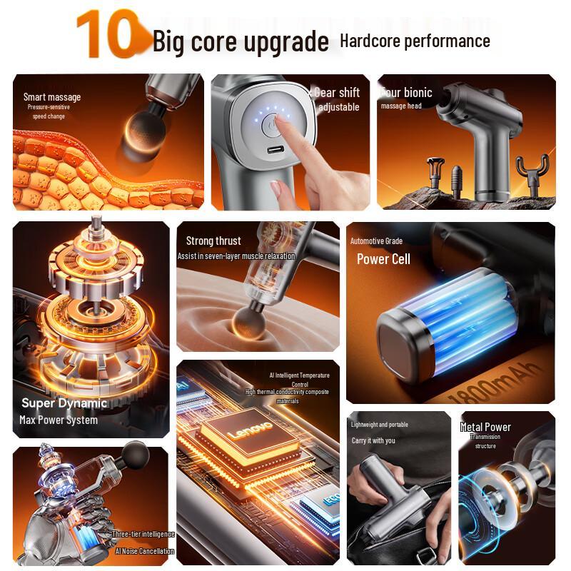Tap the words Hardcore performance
pyautogui.click(x=415, y=41)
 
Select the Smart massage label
pyautogui.click(x=52, y=97)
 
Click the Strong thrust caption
pyautogui.click(x=213, y=241)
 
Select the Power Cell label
pyautogui.click(x=383, y=259)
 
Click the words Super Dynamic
pyautogui.click(x=64, y=403)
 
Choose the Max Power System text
pyautogui.click(x=59, y=420)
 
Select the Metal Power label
pyautogui.click(x=485, y=427)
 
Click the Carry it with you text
pyautogui.click(x=373, y=440)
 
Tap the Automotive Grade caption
pyautogui.click(x=376, y=241)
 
